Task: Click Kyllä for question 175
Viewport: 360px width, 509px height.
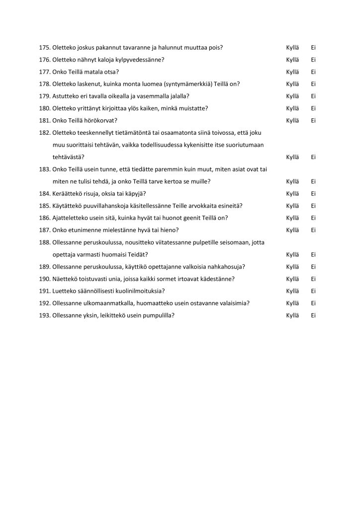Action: tap(293, 48)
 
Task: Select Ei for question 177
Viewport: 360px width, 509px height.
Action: tap(314, 72)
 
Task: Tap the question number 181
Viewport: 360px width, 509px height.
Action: tap(44, 121)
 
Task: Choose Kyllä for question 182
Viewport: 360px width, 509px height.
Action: tap(293, 157)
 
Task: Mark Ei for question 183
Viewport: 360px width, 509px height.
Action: tap(314, 181)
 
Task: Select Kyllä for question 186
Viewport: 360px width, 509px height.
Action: tap(293, 218)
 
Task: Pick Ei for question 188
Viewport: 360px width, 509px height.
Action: tap(314, 254)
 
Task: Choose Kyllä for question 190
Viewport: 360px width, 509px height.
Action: tap(293, 279)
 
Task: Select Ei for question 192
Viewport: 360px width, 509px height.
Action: tap(314, 303)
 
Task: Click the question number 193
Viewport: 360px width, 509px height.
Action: tap(44, 315)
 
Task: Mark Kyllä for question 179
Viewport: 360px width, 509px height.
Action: tap(293, 96)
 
